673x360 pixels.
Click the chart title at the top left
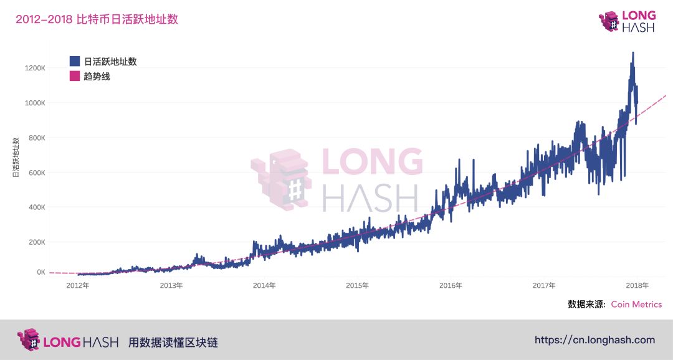pos(97,19)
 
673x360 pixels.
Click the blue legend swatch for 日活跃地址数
pos(75,61)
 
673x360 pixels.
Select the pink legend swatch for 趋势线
pos(75,76)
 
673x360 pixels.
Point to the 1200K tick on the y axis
pos(34,68)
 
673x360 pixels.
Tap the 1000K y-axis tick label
pos(34,103)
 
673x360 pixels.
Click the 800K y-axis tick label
pos(36,138)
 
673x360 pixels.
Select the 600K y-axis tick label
pos(36,173)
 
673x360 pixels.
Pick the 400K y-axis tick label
pos(36,207)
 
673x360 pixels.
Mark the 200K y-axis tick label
pos(36,242)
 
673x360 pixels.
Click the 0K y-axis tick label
pos(40,272)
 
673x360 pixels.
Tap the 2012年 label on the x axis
pos(78,286)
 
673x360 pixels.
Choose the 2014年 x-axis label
pos(264,286)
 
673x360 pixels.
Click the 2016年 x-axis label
pos(451,286)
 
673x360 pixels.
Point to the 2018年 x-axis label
pos(637,286)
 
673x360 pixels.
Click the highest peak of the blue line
pos(633,54)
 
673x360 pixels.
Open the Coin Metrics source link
pos(636,305)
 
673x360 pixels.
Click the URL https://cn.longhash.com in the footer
pos(594,340)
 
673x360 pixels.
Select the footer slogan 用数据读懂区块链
pos(173,342)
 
